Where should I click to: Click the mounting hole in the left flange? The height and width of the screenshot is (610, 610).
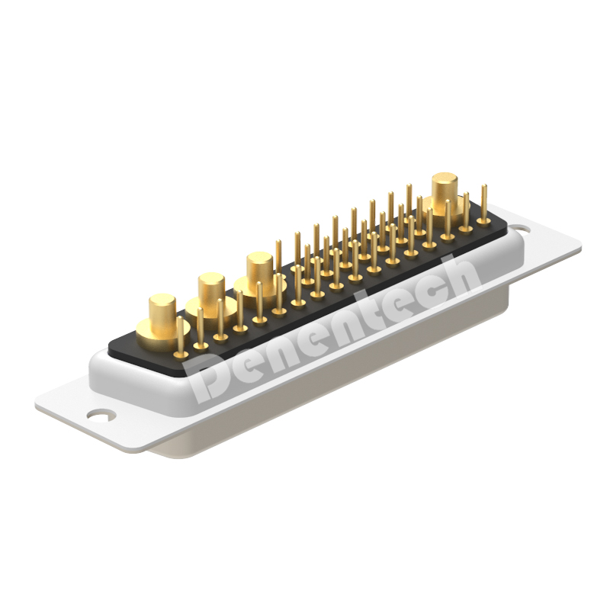tap(101, 415)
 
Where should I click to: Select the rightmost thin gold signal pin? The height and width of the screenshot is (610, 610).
tap(483, 204)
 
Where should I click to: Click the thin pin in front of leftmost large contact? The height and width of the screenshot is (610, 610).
tap(180, 337)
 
